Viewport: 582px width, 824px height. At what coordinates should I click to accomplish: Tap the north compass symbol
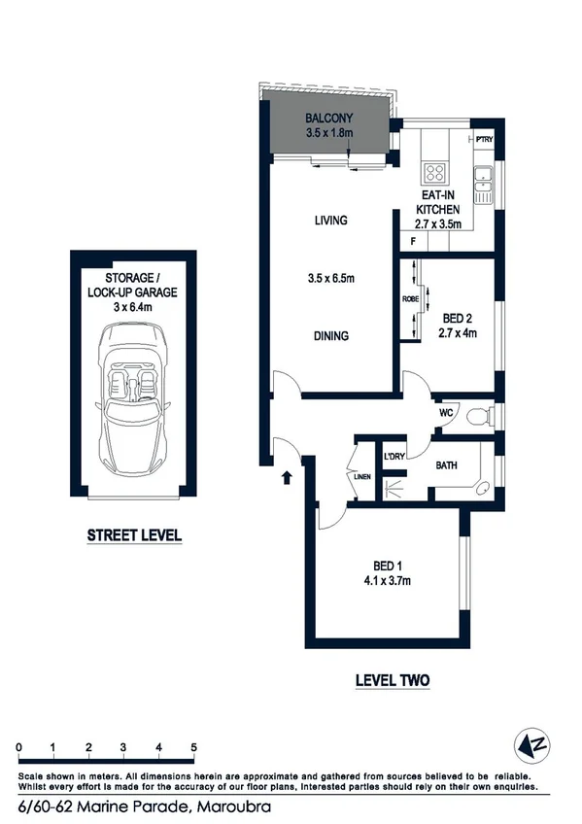tap(530, 747)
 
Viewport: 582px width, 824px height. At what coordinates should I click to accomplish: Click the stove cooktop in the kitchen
tap(434, 175)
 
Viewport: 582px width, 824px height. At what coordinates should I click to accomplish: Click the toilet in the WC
tap(477, 417)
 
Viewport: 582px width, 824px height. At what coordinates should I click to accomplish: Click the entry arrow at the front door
tap(288, 477)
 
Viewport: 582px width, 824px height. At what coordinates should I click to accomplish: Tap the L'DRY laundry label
tap(394, 456)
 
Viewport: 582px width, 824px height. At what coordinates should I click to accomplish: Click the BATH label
tap(446, 466)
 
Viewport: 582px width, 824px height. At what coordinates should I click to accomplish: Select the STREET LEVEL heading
tap(134, 534)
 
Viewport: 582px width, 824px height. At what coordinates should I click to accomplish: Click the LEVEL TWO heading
tap(393, 680)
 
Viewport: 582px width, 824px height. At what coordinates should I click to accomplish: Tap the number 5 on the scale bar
tap(194, 745)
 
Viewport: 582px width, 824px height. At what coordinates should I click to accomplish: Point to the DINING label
tap(330, 336)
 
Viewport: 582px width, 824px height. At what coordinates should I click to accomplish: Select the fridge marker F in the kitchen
tap(413, 240)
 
